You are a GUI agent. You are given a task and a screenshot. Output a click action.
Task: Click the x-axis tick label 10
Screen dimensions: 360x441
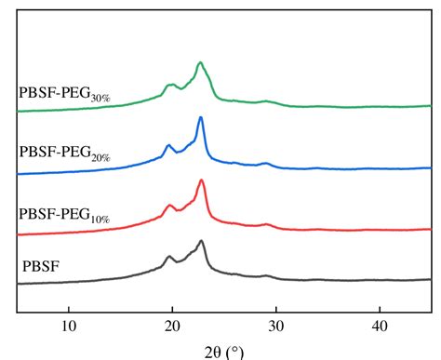(68, 325)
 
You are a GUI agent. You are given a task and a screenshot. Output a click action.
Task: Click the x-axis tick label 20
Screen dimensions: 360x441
(171, 325)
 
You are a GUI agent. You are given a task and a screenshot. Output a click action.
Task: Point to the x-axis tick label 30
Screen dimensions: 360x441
(275, 325)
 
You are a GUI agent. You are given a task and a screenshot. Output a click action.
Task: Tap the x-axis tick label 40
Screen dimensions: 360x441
(379, 325)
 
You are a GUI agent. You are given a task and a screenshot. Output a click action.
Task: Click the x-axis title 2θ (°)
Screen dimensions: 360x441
(223, 351)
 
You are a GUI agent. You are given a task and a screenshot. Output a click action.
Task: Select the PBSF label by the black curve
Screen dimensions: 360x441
(41, 267)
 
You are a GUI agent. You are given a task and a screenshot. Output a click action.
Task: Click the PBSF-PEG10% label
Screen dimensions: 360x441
(64, 215)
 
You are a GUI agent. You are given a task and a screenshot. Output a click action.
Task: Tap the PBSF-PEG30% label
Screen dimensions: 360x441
(64, 93)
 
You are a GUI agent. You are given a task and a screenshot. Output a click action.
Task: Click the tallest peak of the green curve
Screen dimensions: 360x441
(200, 63)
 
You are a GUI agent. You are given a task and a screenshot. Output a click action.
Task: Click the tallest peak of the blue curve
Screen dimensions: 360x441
(201, 118)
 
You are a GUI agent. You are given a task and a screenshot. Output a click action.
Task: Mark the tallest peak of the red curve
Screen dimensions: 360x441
(201, 180)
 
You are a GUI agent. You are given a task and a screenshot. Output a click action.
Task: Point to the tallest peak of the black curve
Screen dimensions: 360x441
(201, 241)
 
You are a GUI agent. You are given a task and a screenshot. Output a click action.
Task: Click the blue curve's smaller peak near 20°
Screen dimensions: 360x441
(168, 145)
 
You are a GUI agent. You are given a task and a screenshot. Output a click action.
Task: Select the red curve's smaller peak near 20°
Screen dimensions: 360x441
(169, 206)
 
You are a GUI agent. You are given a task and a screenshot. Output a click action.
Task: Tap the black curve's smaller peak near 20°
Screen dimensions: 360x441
(169, 257)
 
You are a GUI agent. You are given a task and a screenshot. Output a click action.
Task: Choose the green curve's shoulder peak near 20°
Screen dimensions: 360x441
(170, 85)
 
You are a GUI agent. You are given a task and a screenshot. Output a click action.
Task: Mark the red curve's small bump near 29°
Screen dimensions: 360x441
(267, 224)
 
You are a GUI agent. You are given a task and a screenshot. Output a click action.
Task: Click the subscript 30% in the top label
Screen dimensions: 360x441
(100, 97)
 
